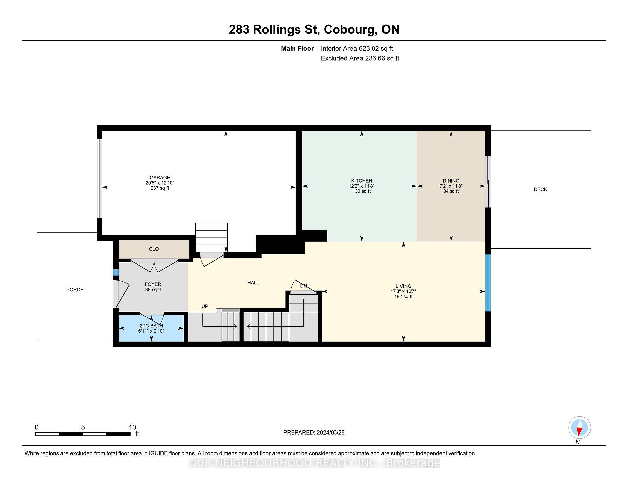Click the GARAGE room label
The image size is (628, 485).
click(x=160, y=178)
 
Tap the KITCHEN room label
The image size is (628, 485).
click(x=362, y=181)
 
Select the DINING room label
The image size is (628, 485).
click(x=451, y=181)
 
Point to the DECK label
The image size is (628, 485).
click(x=541, y=189)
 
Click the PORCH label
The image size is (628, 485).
click(x=75, y=290)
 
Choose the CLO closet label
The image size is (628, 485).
click(x=154, y=249)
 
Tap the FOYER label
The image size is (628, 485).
click(x=153, y=284)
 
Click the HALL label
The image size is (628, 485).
click(x=253, y=283)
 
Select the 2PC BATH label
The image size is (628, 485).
click(x=151, y=326)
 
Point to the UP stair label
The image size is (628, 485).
click(x=205, y=306)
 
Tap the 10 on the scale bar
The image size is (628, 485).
click(x=132, y=427)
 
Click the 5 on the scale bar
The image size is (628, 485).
click(x=83, y=427)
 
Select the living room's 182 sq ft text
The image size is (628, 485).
click(x=403, y=297)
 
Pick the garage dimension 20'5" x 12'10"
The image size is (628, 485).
click(x=160, y=183)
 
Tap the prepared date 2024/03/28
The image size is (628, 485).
click(x=331, y=433)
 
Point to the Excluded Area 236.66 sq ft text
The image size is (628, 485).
click(x=360, y=58)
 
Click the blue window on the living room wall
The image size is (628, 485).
click(x=488, y=283)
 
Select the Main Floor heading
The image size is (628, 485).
click(x=297, y=49)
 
